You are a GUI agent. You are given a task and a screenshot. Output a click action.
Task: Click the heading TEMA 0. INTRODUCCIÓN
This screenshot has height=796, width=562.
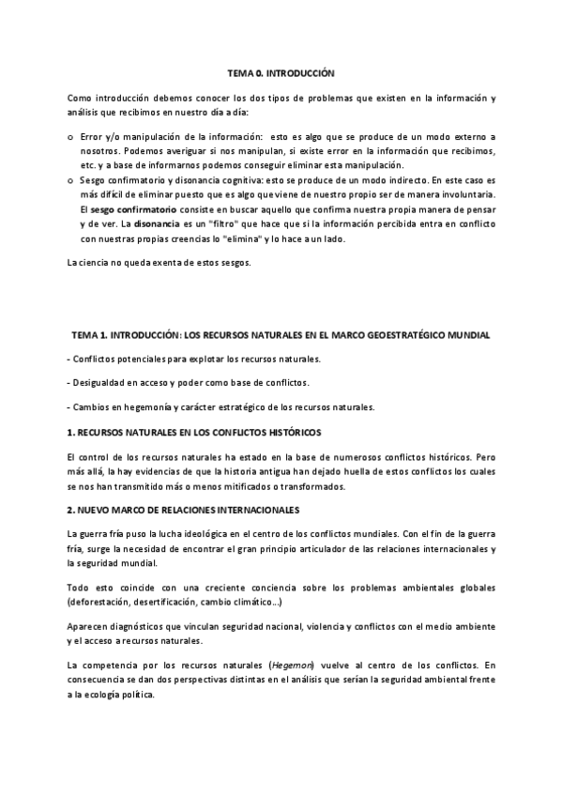point(281,71)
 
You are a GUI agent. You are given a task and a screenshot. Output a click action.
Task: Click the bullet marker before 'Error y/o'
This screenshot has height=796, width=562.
point(72,136)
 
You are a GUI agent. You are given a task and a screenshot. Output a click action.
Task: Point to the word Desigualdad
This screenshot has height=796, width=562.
point(100,383)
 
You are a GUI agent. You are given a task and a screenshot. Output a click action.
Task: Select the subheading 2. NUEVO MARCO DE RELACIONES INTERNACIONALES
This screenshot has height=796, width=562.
point(183,510)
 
